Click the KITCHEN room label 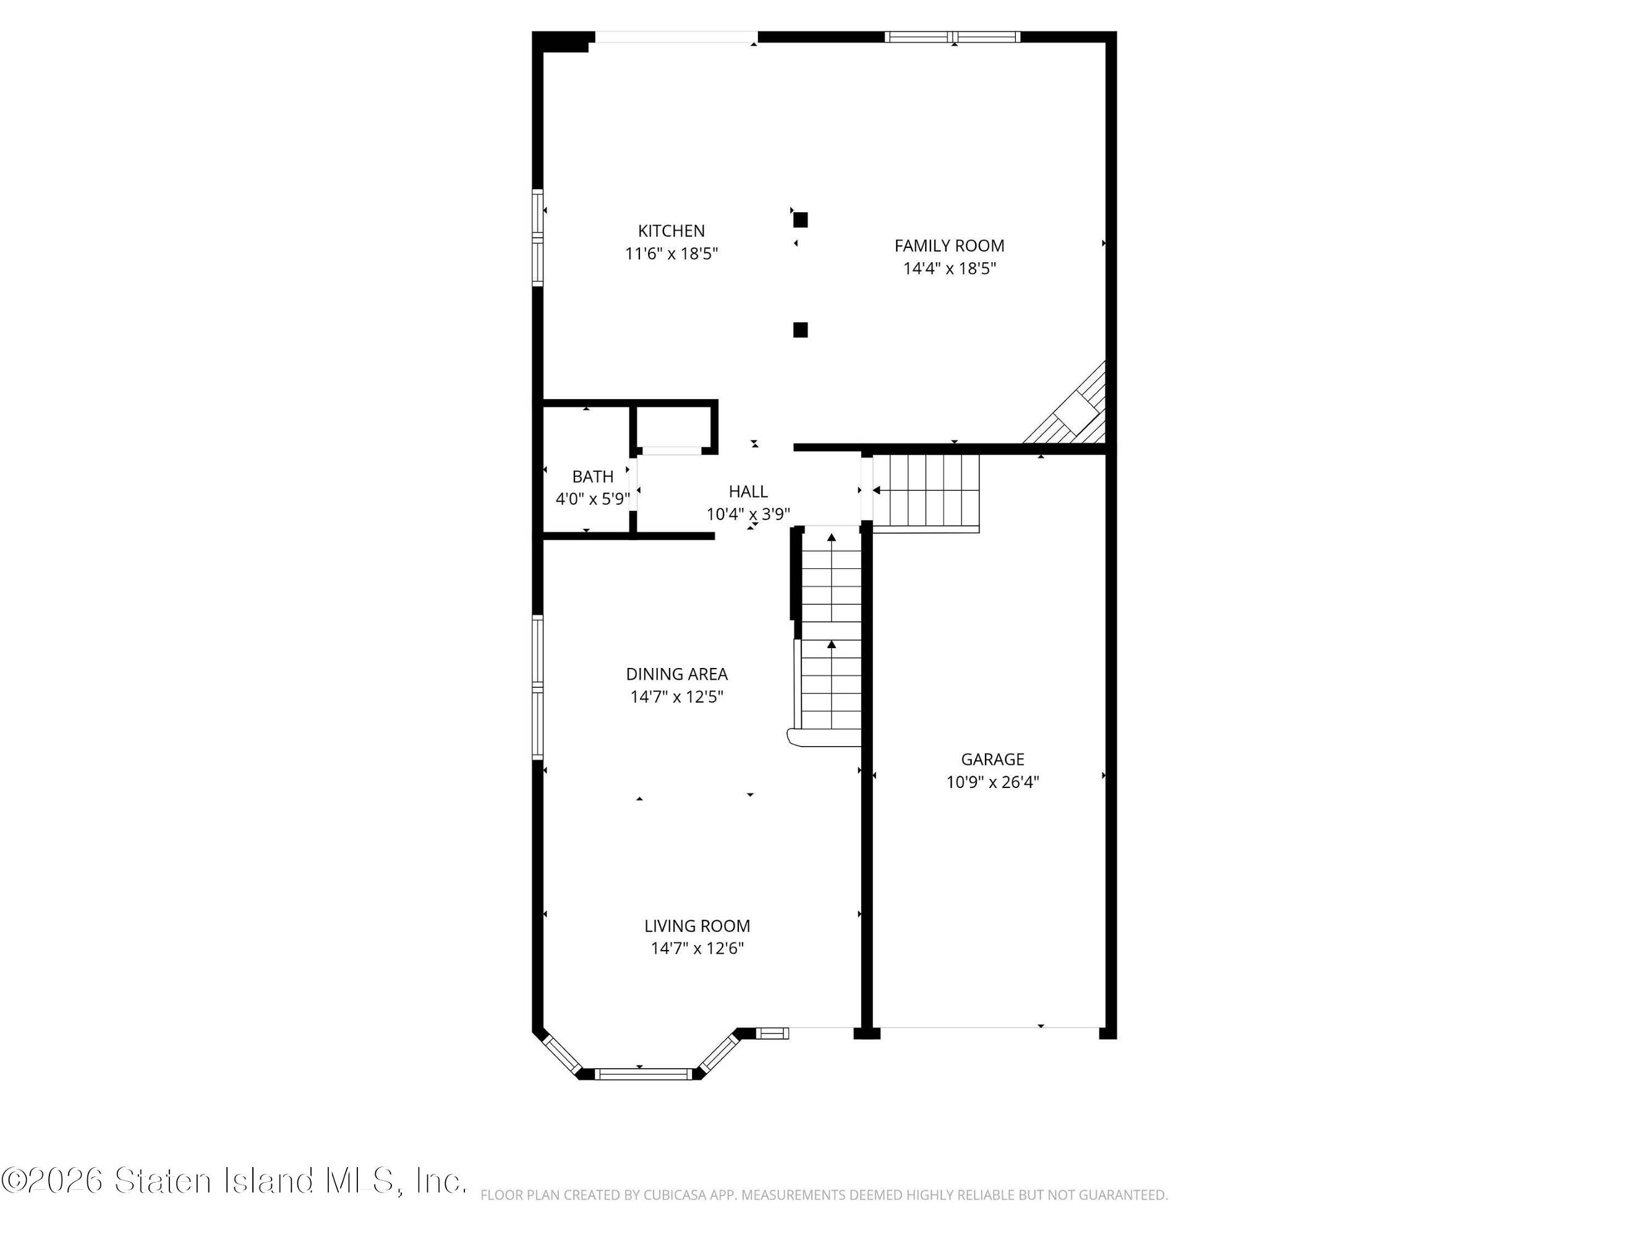(x=671, y=231)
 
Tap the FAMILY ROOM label (x=949, y=246)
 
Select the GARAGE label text (x=992, y=760)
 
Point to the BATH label (x=593, y=476)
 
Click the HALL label (x=748, y=491)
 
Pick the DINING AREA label (x=676, y=674)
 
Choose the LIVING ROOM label (x=697, y=926)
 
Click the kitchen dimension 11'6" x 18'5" (x=671, y=254)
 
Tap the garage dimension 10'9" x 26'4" (x=992, y=782)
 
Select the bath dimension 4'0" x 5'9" (x=593, y=499)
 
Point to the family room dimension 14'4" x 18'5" (x=949, y=268)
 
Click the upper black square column (x=800, y=220)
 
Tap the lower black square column (x=800, y=330)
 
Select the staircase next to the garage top (x=925, y=493)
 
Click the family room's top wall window (x=952, y=36)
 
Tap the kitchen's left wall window (x=537, y=238)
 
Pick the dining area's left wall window (x=537, y=687)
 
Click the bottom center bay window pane (x=644, y=1074)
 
